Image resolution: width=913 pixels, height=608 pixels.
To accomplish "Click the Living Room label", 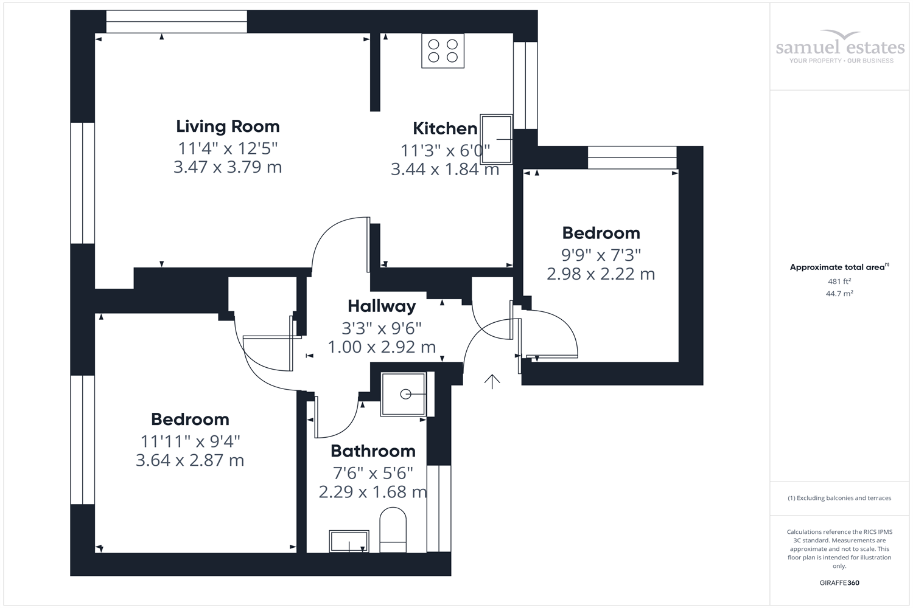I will pos(228,126).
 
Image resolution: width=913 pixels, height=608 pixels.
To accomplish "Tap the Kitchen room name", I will pos(445,128).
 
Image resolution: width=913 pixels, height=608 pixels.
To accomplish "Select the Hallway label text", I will pos(382,306).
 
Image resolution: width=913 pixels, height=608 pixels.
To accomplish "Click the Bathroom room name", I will pos(373,451).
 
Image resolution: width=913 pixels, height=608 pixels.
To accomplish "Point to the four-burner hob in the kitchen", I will pos(443,51).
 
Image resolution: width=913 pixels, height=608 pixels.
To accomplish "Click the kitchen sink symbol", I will pos(496,139).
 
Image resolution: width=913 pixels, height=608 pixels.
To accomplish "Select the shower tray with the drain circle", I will pos(404,394).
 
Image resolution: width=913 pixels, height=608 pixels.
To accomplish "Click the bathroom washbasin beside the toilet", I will pos(349,541).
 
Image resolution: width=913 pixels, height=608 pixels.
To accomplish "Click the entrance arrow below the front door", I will pos(492,381).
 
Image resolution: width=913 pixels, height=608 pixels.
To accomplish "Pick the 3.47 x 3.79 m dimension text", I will pos(228,167).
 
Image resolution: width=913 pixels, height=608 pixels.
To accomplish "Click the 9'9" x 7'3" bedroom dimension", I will pos(601,255).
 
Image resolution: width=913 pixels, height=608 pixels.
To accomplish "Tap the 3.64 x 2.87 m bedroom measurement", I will pos(190,460).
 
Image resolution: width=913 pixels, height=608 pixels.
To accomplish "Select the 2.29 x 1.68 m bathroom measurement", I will pos(373,492).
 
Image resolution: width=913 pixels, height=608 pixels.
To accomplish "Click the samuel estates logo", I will pos(840,47).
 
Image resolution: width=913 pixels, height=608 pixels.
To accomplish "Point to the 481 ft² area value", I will pos(839,282).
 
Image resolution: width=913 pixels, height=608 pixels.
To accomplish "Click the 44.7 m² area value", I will pos(839,294).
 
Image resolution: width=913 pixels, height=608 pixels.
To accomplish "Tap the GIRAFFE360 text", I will pos(839,582).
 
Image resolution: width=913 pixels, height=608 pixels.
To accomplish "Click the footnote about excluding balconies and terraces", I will pos(839,498).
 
